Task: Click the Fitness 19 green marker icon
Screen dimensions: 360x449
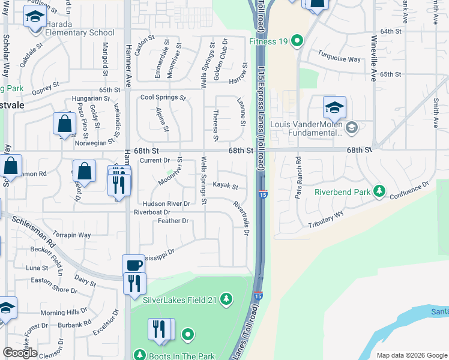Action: [297, 41]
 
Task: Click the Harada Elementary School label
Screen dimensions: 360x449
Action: [71, 32]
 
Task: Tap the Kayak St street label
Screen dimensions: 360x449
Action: [226, 187]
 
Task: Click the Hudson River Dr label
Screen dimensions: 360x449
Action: [166, 204]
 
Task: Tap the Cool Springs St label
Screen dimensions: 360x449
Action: [163, 97]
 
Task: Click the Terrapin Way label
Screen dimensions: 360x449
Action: [71, 235]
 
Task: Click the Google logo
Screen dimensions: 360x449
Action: [20, 353]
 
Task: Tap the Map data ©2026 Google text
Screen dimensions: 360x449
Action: [412, 355]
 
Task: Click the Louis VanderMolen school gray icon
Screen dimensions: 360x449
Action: [352, 127]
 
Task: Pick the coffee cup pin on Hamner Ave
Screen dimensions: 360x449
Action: [133, 265]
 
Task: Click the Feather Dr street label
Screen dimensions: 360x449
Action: [173, 221]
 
